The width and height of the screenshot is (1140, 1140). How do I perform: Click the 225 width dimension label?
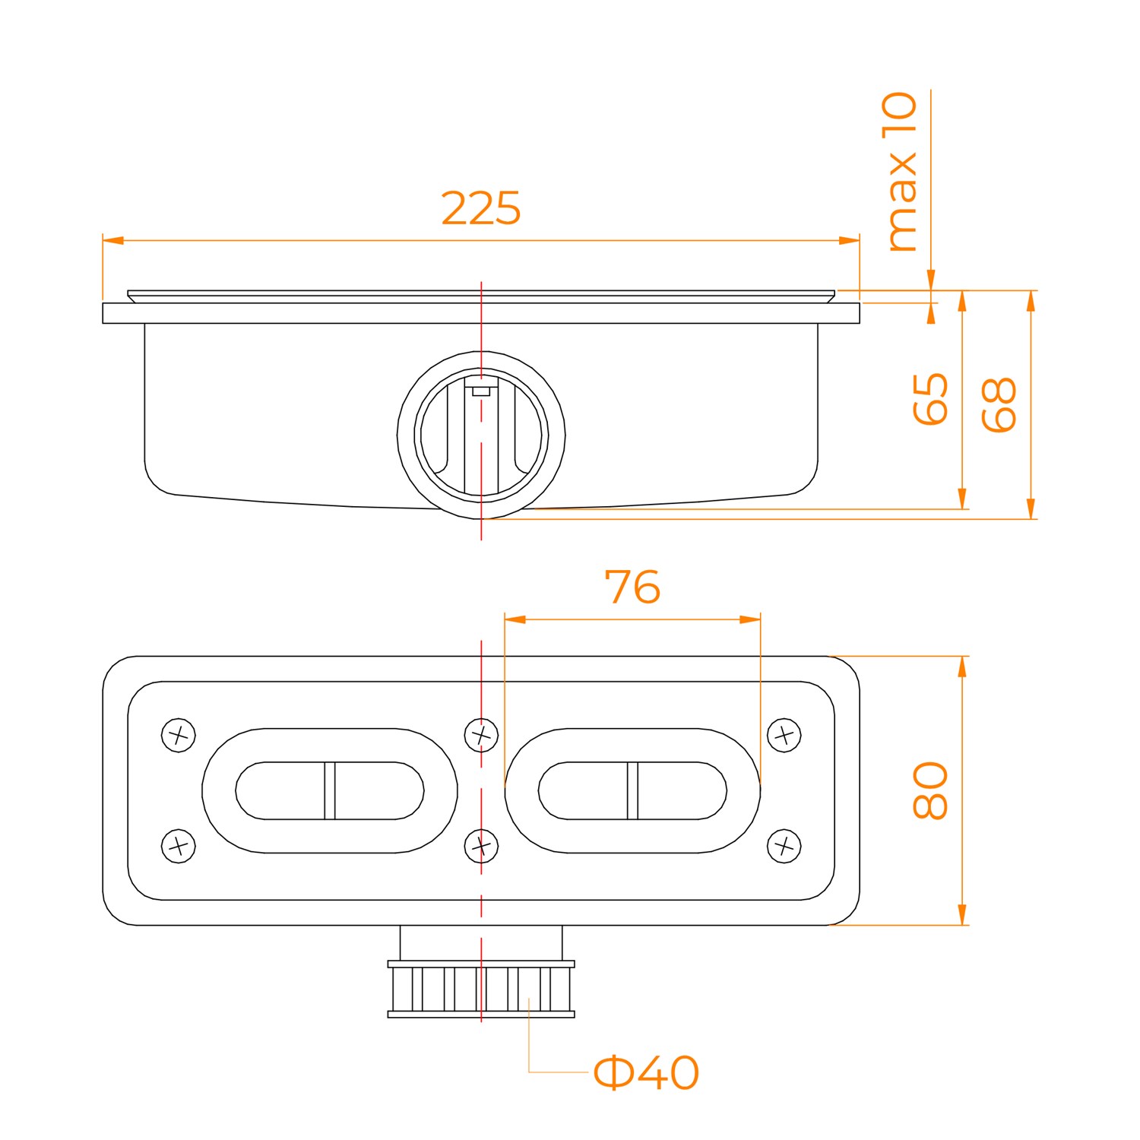[481, 208]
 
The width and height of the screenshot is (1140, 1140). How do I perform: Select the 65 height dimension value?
[930, 398]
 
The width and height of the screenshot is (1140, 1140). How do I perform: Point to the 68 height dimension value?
[999, 404]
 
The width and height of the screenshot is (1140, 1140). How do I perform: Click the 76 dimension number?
[632, 587]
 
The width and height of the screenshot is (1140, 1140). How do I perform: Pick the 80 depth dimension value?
[930, 790]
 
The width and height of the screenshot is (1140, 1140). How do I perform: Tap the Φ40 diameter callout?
[645, 1072]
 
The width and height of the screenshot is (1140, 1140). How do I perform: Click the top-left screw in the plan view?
[179, 735]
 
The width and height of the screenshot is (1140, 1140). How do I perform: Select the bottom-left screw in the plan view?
[179, 845]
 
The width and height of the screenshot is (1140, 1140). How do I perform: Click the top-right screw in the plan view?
[784, 735]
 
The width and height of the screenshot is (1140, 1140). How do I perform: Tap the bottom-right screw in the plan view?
[784, 845]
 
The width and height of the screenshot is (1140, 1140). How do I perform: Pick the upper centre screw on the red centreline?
[481, 735]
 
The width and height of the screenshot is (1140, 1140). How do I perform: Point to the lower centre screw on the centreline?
[481, 845]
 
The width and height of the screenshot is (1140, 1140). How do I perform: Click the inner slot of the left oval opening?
[330, 790]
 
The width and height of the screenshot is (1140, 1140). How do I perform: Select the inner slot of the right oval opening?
[632, 790]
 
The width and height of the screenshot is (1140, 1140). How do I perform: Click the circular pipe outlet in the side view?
[481, 435]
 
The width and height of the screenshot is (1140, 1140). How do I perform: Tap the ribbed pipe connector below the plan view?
[481, 989]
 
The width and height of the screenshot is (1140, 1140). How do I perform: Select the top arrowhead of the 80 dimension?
[962, 666]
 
